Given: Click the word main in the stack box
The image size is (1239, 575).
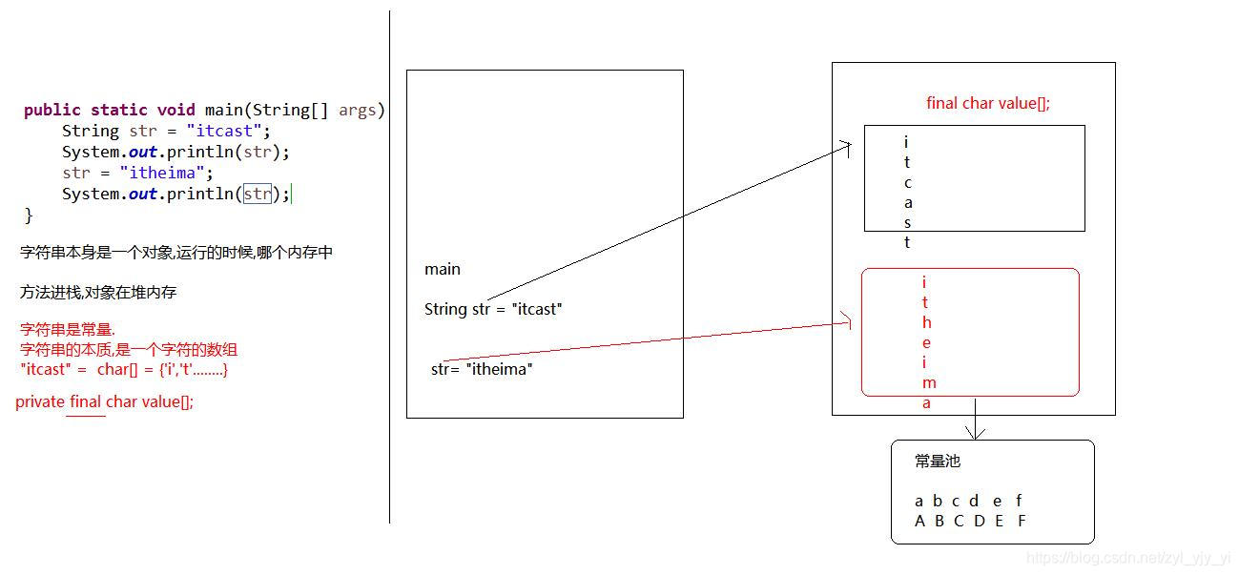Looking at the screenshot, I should pos(443,269).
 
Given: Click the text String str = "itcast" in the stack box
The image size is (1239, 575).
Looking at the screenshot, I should pos(493,309).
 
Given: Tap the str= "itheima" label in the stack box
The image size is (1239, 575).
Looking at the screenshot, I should pos(482,369).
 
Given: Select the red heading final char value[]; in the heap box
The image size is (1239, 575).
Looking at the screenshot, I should pos(987,103).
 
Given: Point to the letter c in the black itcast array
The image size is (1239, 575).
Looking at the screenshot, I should pos(908,182).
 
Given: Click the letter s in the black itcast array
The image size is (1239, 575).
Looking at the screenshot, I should pos(908,223).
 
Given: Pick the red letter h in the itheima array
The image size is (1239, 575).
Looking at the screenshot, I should pos(926,322).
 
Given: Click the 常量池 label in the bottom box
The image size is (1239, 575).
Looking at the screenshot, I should pos(937,462).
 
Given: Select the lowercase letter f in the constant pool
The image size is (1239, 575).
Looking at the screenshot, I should pos(1019,501).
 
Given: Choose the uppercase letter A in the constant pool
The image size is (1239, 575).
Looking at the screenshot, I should pos(919,521).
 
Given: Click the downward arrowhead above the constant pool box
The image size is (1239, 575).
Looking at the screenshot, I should pos(975,433).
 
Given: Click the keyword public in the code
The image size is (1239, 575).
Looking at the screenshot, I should pos(52,110).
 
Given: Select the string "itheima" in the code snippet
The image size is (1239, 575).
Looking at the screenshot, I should pos(163,173).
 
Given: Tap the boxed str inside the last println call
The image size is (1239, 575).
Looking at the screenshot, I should pos(258,194).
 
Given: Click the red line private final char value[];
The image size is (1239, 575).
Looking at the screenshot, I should pos(105,401).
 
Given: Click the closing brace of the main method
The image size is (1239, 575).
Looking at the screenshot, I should pos(29,216).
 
